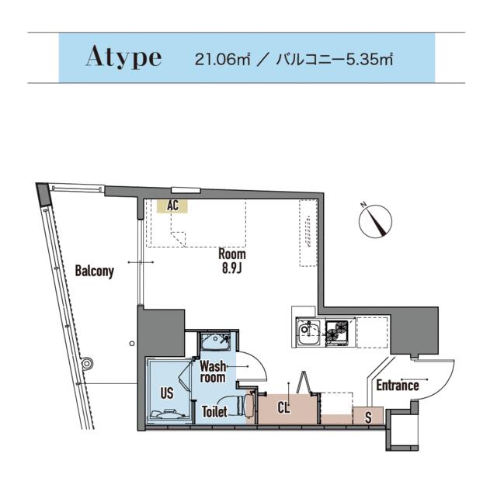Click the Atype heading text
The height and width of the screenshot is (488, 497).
tap(123, 57)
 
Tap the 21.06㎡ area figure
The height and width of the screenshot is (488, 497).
tap(223, 60)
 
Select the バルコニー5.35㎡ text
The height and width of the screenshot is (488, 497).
tap(335, 60)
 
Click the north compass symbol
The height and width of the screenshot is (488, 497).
tap(375, 220)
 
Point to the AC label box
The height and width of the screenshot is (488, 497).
tap(172, 206)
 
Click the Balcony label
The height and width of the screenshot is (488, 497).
tap(94, 271)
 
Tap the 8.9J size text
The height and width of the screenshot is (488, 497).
tap(232, 268)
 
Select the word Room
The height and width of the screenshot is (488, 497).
tap(232, 254)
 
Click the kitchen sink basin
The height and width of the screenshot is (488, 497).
tap(308, 333)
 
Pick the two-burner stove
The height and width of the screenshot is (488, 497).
tap(337, 331)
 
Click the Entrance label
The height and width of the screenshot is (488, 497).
tap(398, 386)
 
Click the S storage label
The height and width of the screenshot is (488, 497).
tap(368, 417)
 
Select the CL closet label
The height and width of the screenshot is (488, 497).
tap(283, 407)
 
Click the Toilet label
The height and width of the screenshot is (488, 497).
tap(214, 412)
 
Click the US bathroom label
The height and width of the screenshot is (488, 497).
tap(167, 393)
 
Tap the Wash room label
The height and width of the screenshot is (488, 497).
tap(213, 372)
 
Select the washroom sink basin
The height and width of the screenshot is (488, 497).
tap(216, 342)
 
